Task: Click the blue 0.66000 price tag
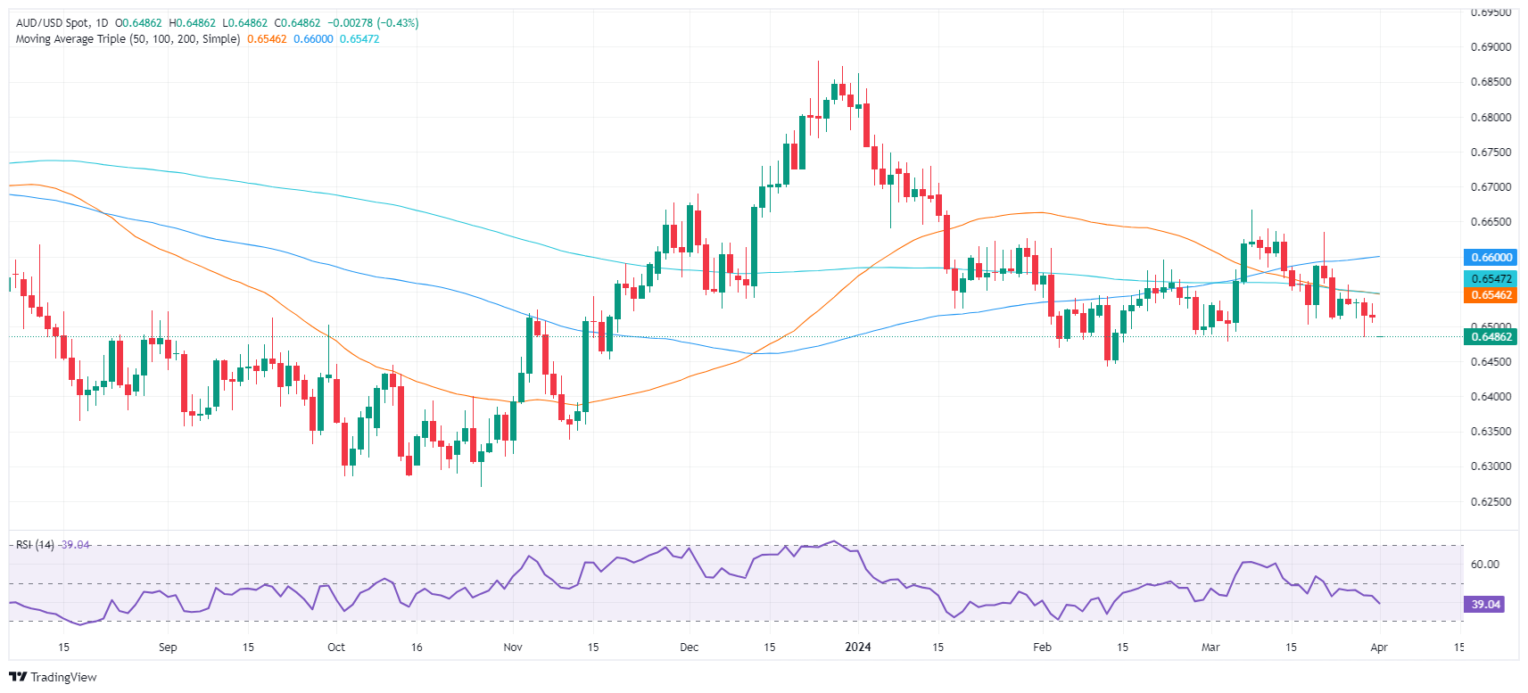pos(1491,258)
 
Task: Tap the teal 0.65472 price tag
pos(1491,279)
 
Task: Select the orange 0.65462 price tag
pos(1491,295)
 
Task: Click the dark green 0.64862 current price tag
pos(1491,337)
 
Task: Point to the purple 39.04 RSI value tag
pos(1485,605)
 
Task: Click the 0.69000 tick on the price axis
pos(1491,47)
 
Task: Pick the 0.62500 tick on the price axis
pos(1491,502)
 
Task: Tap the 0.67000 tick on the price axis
pos(1491,187)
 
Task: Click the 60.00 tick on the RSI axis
pos(1484,565)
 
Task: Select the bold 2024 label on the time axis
pos(857,648)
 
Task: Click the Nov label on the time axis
pos(513,648)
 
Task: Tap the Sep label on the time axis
pos(168,648)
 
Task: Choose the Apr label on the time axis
pos(1379,648)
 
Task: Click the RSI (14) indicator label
pos(35,545)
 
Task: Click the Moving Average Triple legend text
pos(128,39)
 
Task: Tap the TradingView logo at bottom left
pos(54,677)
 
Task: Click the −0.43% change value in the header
pos(398,23)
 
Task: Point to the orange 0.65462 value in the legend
pos(267,39)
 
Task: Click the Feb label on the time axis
pos(1042,648)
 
